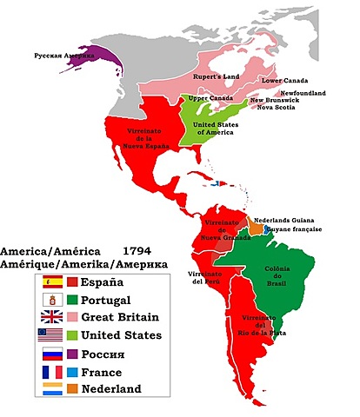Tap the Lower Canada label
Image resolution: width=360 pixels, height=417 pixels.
tap(284, 80)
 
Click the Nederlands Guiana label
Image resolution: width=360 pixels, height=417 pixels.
tap(286, 220)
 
